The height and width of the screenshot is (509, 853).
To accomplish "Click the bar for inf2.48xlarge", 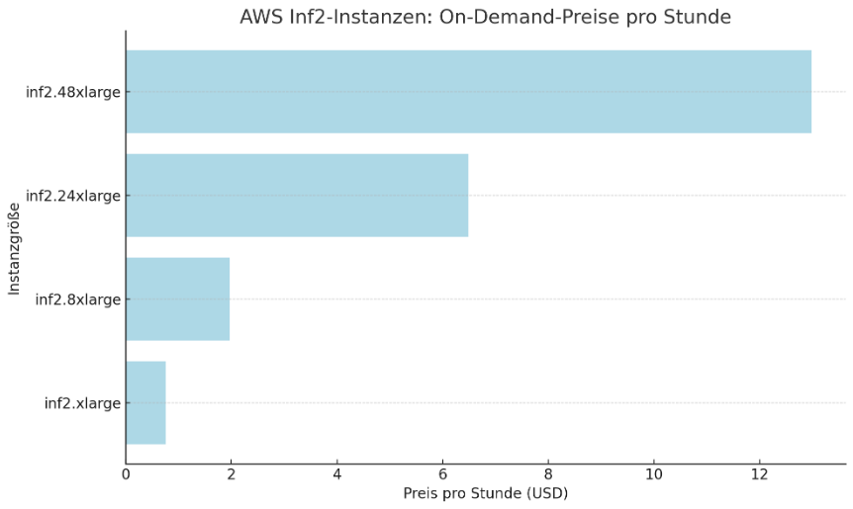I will pos(468,92).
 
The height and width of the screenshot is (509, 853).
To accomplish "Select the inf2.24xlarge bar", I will pos(297,196).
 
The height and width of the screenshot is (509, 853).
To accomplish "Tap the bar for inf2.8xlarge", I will pos(178,298).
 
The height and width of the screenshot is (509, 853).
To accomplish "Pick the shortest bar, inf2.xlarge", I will pos(145,402).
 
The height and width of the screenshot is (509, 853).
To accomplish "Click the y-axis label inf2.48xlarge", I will pos(73,93).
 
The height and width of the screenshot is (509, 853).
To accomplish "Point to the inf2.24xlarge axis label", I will pos(73,196).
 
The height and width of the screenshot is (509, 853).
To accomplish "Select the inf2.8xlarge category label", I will pos(77,299).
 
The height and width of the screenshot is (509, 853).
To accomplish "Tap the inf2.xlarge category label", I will pos(82,403).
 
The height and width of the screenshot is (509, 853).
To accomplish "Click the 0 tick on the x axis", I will pos(126,473).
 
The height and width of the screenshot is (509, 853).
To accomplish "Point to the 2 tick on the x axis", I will pos(232,473).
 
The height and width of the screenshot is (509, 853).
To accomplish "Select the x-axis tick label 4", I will pos(337,473).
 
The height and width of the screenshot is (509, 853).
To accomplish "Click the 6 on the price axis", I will pos(442,473).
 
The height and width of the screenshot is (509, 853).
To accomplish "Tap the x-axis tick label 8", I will pos(548,473).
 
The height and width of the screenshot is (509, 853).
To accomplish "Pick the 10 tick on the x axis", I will pos(653,473).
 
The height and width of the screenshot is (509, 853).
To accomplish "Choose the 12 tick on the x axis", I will pos(759,473).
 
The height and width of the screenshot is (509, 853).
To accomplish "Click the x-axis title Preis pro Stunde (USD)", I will pos(485,492).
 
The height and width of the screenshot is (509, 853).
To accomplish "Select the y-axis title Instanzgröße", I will pos(14,248).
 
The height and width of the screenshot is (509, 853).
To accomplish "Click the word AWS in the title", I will pos(260,18).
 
